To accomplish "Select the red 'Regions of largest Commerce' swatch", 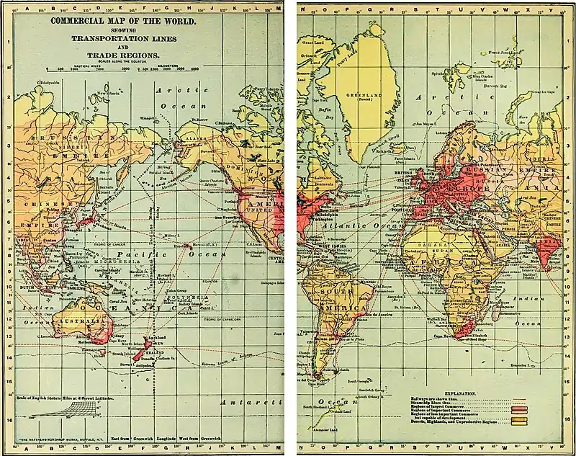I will tap(517, 408).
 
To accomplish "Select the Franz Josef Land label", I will tap(504, 52).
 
